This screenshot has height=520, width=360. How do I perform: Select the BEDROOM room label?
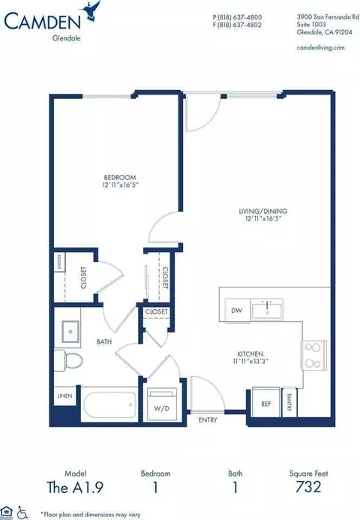(118, 178)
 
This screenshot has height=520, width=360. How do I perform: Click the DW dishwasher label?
(236, 309)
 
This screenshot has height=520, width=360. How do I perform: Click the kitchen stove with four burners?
(313, 354)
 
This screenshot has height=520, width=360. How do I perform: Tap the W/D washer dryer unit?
(161, 405)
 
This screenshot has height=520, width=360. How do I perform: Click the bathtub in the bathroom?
(109, 406)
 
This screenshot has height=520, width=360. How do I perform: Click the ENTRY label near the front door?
(208, 420)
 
